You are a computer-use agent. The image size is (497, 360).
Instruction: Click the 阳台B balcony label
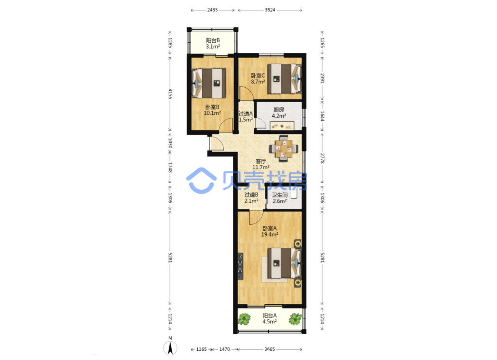tap(213, 40)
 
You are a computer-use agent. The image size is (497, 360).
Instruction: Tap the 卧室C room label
tap(258, 76)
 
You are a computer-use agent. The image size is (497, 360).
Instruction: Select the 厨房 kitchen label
tap(279, 110)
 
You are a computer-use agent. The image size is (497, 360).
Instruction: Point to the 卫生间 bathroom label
tap(280, 195)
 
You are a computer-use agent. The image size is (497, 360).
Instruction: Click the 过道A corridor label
tap(246, 114)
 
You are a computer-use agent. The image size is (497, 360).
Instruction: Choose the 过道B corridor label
tap(251, 195)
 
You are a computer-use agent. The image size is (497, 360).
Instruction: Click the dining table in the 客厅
tap(283, 149)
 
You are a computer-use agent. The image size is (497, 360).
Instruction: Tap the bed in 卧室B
tap(209, 83)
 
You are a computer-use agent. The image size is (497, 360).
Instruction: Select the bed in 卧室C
tap(285, 79)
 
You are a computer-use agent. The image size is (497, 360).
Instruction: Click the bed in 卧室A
tap(285, 263)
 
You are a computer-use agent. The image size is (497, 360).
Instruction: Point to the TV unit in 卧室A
tap(240, 266)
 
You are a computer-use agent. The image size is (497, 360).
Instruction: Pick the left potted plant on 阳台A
tap(244, 319)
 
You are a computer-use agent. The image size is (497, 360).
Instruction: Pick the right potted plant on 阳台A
tap(295, 319)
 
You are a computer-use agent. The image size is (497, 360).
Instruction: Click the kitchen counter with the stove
tap(282, 126)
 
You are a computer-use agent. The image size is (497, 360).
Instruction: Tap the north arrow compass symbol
tap(170, 347)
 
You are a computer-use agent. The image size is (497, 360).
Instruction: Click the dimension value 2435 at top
tap(212, 10)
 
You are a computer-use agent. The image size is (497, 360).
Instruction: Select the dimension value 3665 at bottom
tap(269, 350)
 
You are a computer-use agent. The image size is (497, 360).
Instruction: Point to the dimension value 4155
tap(170, 94)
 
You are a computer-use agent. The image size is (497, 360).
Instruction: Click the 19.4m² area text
tap(269, 235)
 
